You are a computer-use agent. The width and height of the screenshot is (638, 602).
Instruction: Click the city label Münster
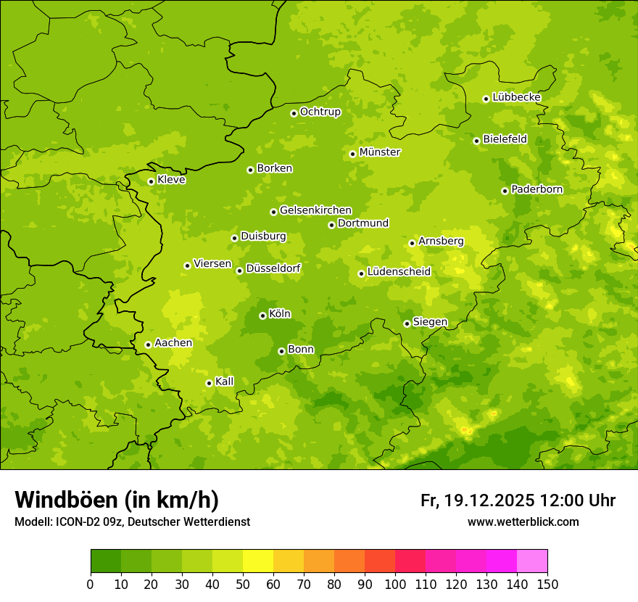tap(380, 152)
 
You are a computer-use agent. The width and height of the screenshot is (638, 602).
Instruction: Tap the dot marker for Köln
tap(262, 316)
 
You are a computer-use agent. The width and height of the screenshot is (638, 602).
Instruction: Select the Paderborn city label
tap(537, 189)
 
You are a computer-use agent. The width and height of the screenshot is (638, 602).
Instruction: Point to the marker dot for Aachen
tap(148, 345)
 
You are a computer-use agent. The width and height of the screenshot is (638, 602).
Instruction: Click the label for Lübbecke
tap(517, 97)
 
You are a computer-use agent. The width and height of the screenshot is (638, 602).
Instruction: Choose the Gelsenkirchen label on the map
tap(315, 210)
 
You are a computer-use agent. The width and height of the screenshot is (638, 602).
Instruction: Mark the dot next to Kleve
tap(151, 181)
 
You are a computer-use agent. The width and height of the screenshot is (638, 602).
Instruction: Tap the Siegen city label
tap(430, 322)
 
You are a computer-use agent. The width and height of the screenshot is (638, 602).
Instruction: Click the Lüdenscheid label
tap(399, 272)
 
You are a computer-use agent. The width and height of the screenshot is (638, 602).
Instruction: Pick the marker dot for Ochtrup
tap(294, 112)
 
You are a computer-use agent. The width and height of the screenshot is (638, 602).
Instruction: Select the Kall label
tap(225, 382)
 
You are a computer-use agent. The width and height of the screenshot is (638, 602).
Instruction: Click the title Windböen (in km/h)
tap(117, 500)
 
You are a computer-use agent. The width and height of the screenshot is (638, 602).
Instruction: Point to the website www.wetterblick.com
tap(523, 521)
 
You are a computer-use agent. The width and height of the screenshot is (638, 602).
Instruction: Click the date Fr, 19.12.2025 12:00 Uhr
tap(518, 500)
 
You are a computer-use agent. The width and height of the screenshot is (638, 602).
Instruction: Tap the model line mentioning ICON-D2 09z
tap(132, 521)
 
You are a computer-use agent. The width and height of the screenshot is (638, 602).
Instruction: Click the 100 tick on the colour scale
tap(395, 584)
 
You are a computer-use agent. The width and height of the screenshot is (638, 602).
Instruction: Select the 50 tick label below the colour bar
tap(243, 584)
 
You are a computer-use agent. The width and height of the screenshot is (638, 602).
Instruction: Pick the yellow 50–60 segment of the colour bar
tap(258, 561)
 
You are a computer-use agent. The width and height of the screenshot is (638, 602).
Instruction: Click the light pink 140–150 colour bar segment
tap(532, 561)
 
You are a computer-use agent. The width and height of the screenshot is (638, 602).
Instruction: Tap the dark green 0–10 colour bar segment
tap(106, 561)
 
